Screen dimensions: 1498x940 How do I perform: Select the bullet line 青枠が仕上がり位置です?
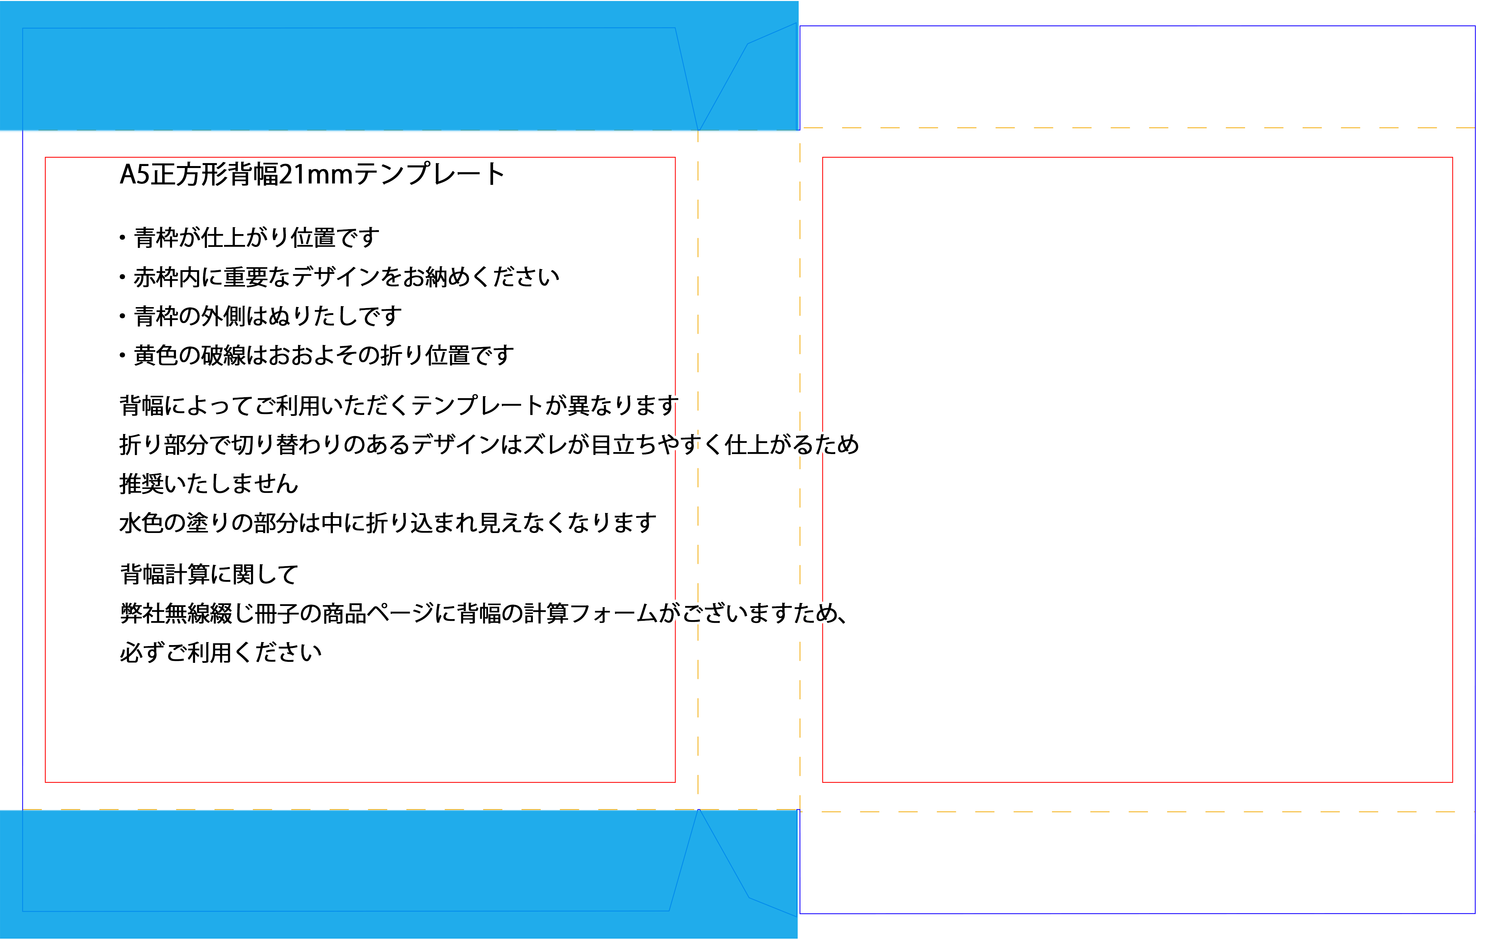click(256, 237)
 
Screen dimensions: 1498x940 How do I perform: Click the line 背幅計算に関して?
click(209, 574)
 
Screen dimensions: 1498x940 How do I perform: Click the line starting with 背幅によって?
click(399, 405)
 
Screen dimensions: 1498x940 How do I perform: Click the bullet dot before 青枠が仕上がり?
click(122, 237)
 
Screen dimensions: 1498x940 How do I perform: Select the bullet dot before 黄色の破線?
click(122, 356)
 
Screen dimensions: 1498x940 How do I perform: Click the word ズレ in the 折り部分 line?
click(545, 445)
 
